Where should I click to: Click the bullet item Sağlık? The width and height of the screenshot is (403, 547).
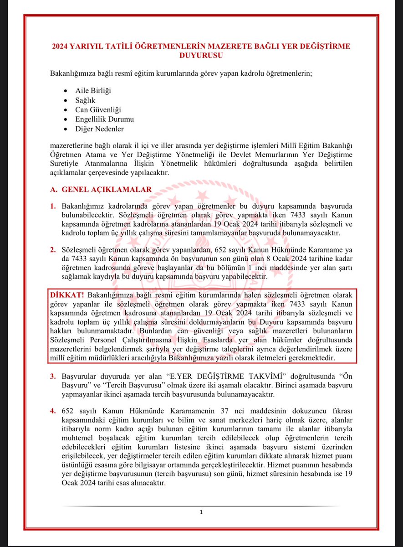pyautogui.click(x=85, y=100)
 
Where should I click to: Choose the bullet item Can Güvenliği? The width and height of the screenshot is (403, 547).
pyautogui.click(x=98, y=109)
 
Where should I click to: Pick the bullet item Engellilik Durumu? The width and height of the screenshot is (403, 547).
pyautogui.click(x=104, y=119)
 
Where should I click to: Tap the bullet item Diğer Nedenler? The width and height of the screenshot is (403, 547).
pyautogui.click(x=99, y=129)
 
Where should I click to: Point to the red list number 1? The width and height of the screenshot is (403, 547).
pyautogui.click(x=53, y=206)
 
